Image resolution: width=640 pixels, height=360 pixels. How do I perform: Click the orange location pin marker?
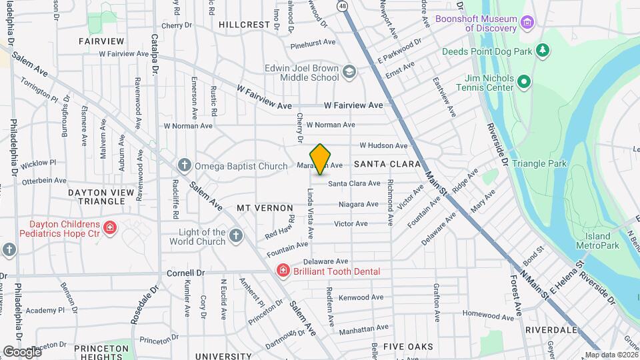tap(321, 159)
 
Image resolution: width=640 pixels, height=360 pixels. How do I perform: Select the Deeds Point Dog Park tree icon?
tap(543, 50)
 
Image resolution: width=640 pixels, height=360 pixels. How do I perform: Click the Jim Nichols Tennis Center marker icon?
tap(524, 82)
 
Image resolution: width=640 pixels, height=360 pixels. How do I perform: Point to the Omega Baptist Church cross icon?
tap(185, 165)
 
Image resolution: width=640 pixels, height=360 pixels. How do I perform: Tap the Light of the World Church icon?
tap(235, 235)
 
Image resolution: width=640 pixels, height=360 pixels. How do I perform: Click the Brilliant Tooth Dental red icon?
tap(283, 271)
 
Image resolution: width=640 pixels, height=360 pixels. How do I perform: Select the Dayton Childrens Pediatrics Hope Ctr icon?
tap(109, 229)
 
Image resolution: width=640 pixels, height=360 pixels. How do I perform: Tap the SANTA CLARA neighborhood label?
tap(387, 163)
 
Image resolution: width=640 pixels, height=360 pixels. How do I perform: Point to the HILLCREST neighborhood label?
tap(244, 24)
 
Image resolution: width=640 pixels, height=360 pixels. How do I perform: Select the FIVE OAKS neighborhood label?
tap(408, 347)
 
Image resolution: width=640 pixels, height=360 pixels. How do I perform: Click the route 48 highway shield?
tap(342, 6)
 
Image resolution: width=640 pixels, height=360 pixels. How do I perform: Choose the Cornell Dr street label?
tap(185, 273)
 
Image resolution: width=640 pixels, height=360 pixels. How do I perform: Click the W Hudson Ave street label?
tap(383, 145)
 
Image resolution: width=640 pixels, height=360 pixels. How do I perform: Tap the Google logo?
tap(21, 351)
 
